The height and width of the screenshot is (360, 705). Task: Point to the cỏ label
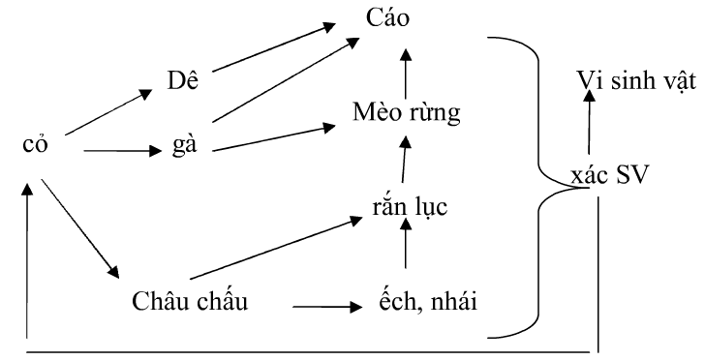point(36,146)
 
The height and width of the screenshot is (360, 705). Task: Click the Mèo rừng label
point(407,112)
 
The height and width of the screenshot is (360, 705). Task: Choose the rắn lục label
point(408,206)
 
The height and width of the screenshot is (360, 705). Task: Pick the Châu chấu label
point(190,301)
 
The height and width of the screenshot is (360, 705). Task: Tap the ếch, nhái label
point(428,301)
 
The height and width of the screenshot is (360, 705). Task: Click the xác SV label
point(611,176)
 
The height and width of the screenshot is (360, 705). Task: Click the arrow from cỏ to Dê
point(110,111)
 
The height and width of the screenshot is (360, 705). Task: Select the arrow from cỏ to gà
point(121,151)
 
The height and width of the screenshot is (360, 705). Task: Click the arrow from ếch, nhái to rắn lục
point(406,254)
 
